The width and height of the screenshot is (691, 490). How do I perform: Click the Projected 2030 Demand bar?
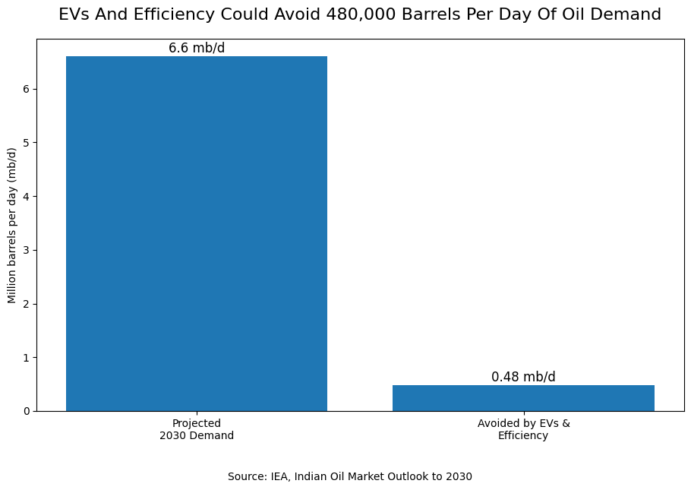[197, 234]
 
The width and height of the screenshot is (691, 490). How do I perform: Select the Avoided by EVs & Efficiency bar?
[523, 398]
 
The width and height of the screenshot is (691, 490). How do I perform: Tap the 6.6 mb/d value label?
[197, 48]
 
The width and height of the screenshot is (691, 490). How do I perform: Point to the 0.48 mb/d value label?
[523, 377]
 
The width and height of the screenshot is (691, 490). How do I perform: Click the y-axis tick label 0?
[27, 412]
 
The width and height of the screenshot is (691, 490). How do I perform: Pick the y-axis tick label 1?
[27, 358]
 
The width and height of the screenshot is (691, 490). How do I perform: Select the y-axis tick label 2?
[27, 304]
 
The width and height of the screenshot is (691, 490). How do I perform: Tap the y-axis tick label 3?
[27, 251]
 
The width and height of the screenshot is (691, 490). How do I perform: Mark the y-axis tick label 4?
[27, 197]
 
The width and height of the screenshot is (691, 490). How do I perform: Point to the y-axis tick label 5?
[27, 143]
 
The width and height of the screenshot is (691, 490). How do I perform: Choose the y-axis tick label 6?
[27, 89]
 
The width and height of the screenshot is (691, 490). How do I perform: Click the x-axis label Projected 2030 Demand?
[197, 429]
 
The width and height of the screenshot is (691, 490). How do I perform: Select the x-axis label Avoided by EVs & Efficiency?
[523, 429]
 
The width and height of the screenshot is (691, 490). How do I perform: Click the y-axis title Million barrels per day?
[12, 226]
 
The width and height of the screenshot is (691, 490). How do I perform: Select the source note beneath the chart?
[350, 476]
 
